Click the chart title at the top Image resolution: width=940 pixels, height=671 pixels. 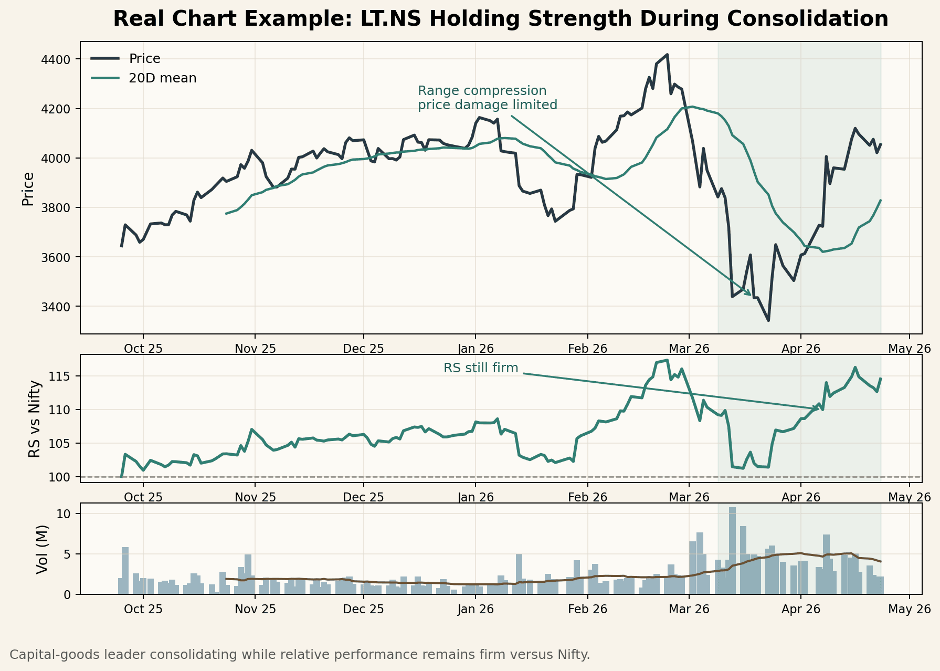coord(500,19)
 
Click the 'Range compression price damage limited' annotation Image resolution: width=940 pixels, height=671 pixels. coord(487,98)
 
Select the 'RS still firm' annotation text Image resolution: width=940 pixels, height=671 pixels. coord(480,368)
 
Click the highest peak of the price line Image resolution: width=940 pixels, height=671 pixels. coord(667,55)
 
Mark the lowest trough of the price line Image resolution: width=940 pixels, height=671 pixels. coord(768,320)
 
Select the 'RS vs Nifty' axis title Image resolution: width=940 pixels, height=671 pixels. coord(35,418)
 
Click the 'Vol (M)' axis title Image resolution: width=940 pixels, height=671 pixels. coord(43,549)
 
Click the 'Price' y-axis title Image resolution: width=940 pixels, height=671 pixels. coord(28,188)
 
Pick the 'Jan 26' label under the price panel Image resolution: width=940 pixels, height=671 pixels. coord(476,349)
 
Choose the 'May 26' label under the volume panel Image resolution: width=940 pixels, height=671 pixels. coord(909,610)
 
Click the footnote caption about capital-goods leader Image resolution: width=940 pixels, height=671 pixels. coord(300,655)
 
